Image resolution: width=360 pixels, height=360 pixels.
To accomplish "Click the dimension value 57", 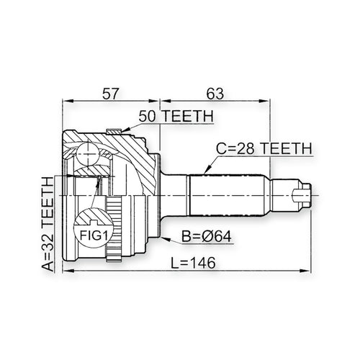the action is (111, 94).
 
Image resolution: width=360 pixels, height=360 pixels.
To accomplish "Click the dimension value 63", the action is (215, 94).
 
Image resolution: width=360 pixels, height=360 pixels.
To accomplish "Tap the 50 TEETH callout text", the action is (176, 116).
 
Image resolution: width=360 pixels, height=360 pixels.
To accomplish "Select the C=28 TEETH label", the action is (264, 148).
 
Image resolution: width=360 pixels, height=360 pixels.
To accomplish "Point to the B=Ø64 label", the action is (207, 236).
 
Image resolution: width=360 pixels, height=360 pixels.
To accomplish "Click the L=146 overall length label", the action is (193, 263).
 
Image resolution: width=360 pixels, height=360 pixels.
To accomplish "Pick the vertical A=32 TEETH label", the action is (48, 224).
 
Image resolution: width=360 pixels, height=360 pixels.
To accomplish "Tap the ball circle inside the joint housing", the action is (88, 153).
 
